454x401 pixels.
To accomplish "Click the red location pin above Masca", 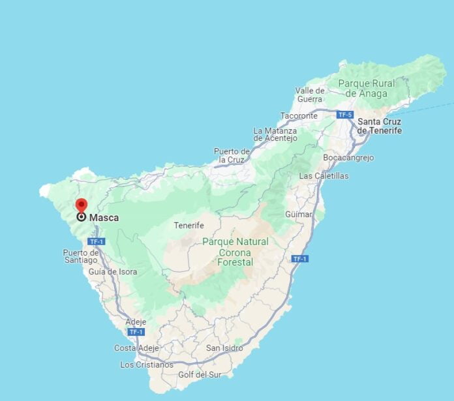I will point(82,205).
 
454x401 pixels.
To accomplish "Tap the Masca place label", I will point(104,218).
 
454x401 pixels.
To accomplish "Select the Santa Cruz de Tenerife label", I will point(379,126).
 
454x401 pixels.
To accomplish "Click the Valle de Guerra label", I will point(310,95).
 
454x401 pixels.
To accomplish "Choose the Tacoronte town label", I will point(299,115).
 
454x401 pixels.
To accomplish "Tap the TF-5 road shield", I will point(345,115).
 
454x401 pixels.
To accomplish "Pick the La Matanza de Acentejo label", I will point(275,134).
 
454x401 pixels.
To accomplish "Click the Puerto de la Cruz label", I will point(232,155).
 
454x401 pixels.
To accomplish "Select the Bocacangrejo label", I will point(348,158).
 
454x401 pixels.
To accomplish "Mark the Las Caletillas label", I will point(324,176).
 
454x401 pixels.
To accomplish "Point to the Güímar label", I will point(298,214).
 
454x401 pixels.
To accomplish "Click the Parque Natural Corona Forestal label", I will point(235,252).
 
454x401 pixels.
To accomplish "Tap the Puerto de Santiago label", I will point(81,256).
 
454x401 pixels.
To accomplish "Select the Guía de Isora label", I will point(113,272).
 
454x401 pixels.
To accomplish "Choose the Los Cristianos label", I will point(147,364).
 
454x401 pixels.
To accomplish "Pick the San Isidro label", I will point(224,348).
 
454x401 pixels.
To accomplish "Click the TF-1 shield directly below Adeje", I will point(136,332).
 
